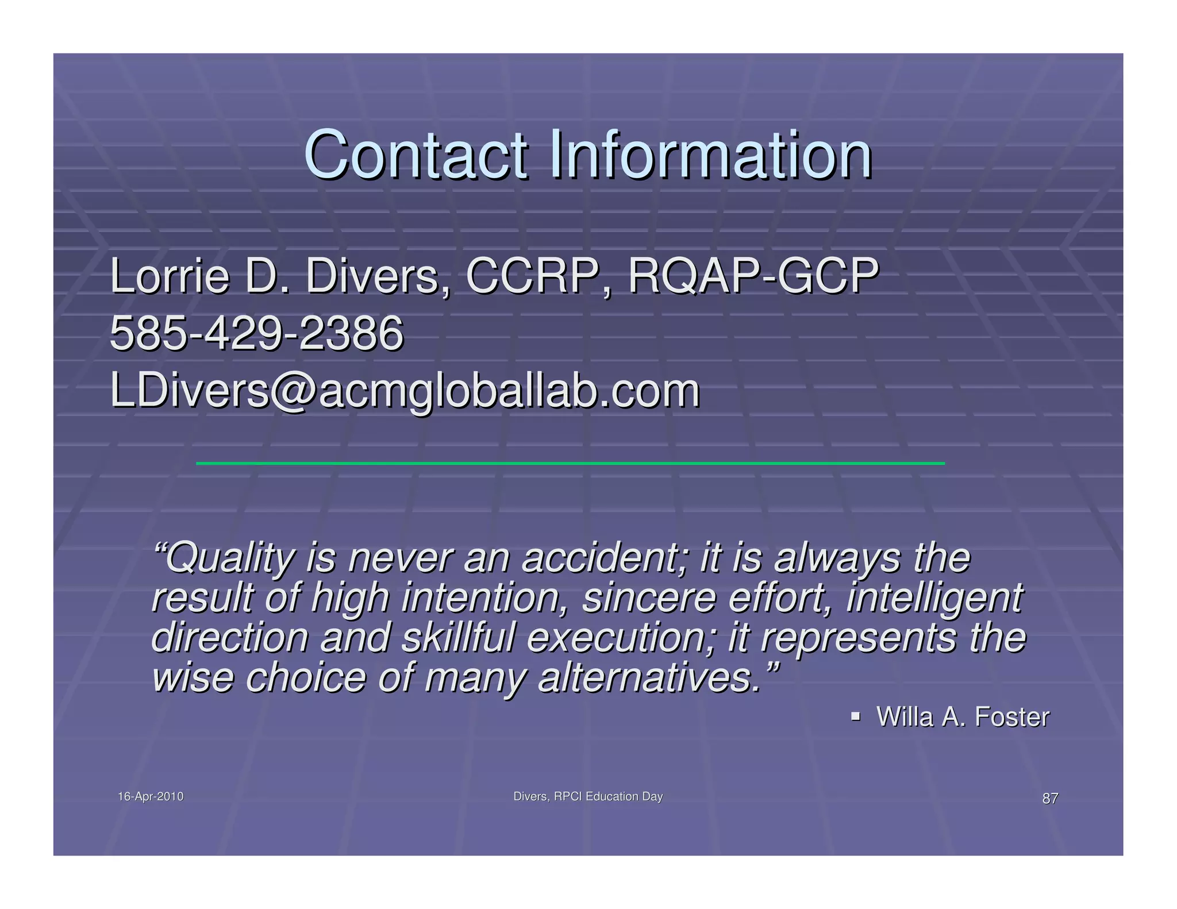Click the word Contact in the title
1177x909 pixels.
(415, 155)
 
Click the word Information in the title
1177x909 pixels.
(710, 155)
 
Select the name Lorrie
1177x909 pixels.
(170, 277)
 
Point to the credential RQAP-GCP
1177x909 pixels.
(753, 277)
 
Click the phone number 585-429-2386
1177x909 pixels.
(256, 334)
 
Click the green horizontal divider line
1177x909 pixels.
(570, 463)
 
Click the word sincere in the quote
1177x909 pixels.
(649, 598)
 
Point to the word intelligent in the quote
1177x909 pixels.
(934, 598)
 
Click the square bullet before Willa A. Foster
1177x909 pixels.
(855, 717)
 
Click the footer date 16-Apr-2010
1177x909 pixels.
(151, 797)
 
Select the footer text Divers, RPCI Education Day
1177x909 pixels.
(588, 797)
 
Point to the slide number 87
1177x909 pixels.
(1050, 799)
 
